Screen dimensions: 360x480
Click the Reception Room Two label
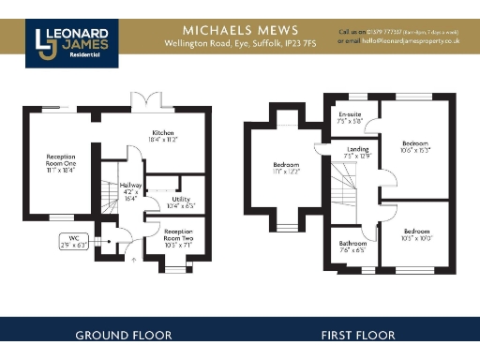pos(178,235)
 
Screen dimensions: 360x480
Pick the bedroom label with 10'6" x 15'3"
pos(413,145)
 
